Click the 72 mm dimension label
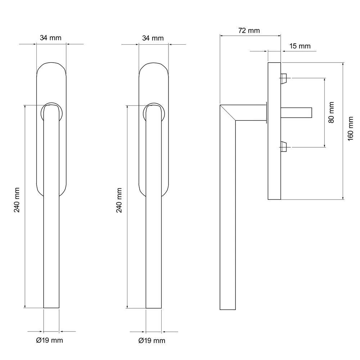coord(249,31)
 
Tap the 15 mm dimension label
coord(300,46)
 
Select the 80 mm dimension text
coord(331,112)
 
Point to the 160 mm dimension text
coord(350,129)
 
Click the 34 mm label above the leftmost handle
coord(50,38)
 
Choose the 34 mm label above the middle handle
coord(153,38)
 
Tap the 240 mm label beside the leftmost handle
coord(17,200)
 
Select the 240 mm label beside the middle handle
coord(119,200)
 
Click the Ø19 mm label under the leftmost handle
coord(49,340)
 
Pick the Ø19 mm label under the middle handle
coord(152,341)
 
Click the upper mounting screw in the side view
coord(284,78)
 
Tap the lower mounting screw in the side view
coord(284,147)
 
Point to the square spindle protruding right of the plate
coord(296,113)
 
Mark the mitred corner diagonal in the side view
coord(228,113)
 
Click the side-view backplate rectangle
coord(274,131)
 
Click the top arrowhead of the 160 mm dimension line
coord(343,64)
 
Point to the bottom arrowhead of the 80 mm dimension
coord(325,145)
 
